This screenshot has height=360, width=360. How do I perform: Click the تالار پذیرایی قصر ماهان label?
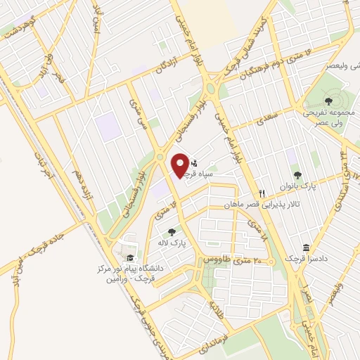pyautogui.click(x=259, y=204)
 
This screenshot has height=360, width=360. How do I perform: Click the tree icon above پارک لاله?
pyautogui.click(x=169, y=231)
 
